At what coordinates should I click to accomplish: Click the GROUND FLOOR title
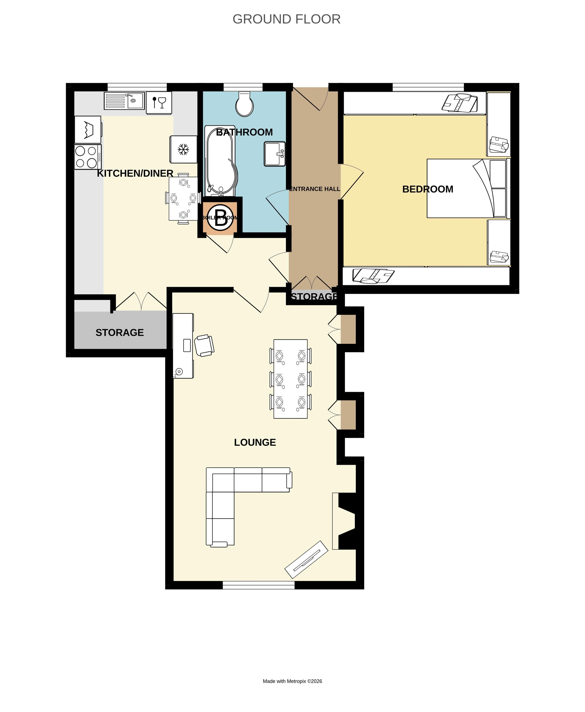point(286,19)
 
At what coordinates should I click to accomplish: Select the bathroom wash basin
point(274,154)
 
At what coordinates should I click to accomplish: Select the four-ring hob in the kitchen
point(87,157)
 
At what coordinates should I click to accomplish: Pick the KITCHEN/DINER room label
point(135,173)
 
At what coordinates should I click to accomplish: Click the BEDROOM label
point(428,189)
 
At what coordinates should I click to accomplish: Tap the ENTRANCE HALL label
point(314,189)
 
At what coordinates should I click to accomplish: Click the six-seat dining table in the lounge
point(290,379)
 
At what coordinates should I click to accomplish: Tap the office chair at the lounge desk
point(204,345)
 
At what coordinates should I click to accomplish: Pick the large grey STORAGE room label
point(120,332)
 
